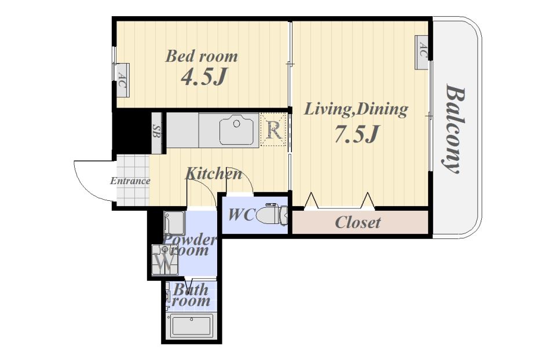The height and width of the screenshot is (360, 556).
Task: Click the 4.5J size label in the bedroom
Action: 204,77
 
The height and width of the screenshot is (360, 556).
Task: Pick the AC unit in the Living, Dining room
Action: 422,53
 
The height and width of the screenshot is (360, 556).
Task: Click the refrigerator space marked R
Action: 273,130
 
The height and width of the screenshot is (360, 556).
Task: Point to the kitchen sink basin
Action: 236,130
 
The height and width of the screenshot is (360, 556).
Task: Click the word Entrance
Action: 130,181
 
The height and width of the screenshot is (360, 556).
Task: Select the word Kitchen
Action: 214,174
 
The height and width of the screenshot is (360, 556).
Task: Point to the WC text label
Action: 242,215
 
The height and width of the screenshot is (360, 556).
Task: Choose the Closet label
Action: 358,222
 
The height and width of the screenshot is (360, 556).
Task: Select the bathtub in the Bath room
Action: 192,326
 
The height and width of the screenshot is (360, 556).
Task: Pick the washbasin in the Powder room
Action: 174,223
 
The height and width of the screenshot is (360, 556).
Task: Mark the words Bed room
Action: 202,56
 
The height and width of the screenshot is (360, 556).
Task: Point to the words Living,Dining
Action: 356,109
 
